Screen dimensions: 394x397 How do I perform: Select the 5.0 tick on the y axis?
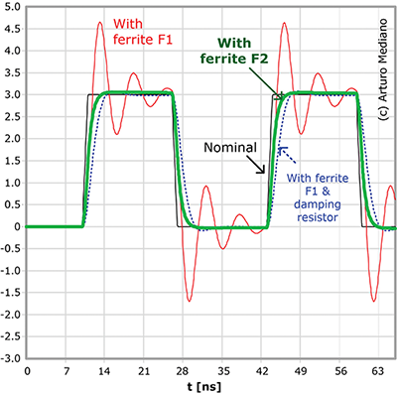click(x=12, y=6)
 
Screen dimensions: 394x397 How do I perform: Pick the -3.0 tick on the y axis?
click(x=10, y=359)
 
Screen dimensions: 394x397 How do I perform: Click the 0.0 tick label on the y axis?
click(x=12, y=226)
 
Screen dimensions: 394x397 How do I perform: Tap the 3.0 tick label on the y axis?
click(x=12, y=94)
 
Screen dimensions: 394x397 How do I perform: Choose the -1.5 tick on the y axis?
click(x=10, y=293)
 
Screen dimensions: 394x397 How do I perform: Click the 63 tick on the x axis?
click(x=377, y=370)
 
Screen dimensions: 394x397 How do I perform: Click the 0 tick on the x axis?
click(x=27, y=370)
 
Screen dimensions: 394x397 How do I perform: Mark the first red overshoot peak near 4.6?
click(x=100, y=23)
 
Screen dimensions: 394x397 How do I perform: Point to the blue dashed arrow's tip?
click(x=280, y=149)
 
